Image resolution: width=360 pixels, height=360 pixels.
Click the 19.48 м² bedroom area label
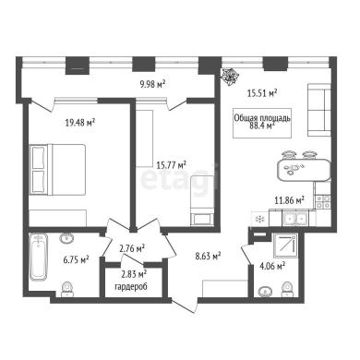click(x=79, y=123)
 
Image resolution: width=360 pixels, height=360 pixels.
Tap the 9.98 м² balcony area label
click(x=153, y=83)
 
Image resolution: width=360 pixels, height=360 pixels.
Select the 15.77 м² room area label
click(x=172, y=165)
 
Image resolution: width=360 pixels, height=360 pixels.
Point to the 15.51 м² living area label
click(x=262, y=93)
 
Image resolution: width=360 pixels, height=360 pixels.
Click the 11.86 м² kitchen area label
click(x=289, y=200)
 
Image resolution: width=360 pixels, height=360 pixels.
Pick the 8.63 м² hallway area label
click(x=209, y=256)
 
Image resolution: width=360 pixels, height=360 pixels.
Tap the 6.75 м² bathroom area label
click(x=76, y=260)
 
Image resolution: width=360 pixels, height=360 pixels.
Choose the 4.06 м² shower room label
click(x=272, y=266)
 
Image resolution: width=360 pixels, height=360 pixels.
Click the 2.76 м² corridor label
click(x=132, y=248)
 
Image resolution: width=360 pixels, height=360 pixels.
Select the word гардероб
click(x=131, y=287)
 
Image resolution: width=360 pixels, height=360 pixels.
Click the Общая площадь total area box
click(x=262, y=123)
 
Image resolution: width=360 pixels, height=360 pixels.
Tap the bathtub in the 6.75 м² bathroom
click(x=39, y=257)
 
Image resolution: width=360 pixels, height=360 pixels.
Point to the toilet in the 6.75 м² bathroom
click(x=67, y=289)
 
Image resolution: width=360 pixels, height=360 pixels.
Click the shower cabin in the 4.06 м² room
click(x=286, y=246)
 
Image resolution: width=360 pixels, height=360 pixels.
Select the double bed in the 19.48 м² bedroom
click(x=57, y=170)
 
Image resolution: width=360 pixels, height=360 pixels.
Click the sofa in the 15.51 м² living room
click(x=319, y=111)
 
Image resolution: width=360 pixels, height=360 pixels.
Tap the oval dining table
click(x=304, y=170)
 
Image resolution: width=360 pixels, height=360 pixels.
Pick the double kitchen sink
click(x=295, y=219)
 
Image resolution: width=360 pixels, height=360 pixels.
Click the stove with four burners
click(x=323, y=202)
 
